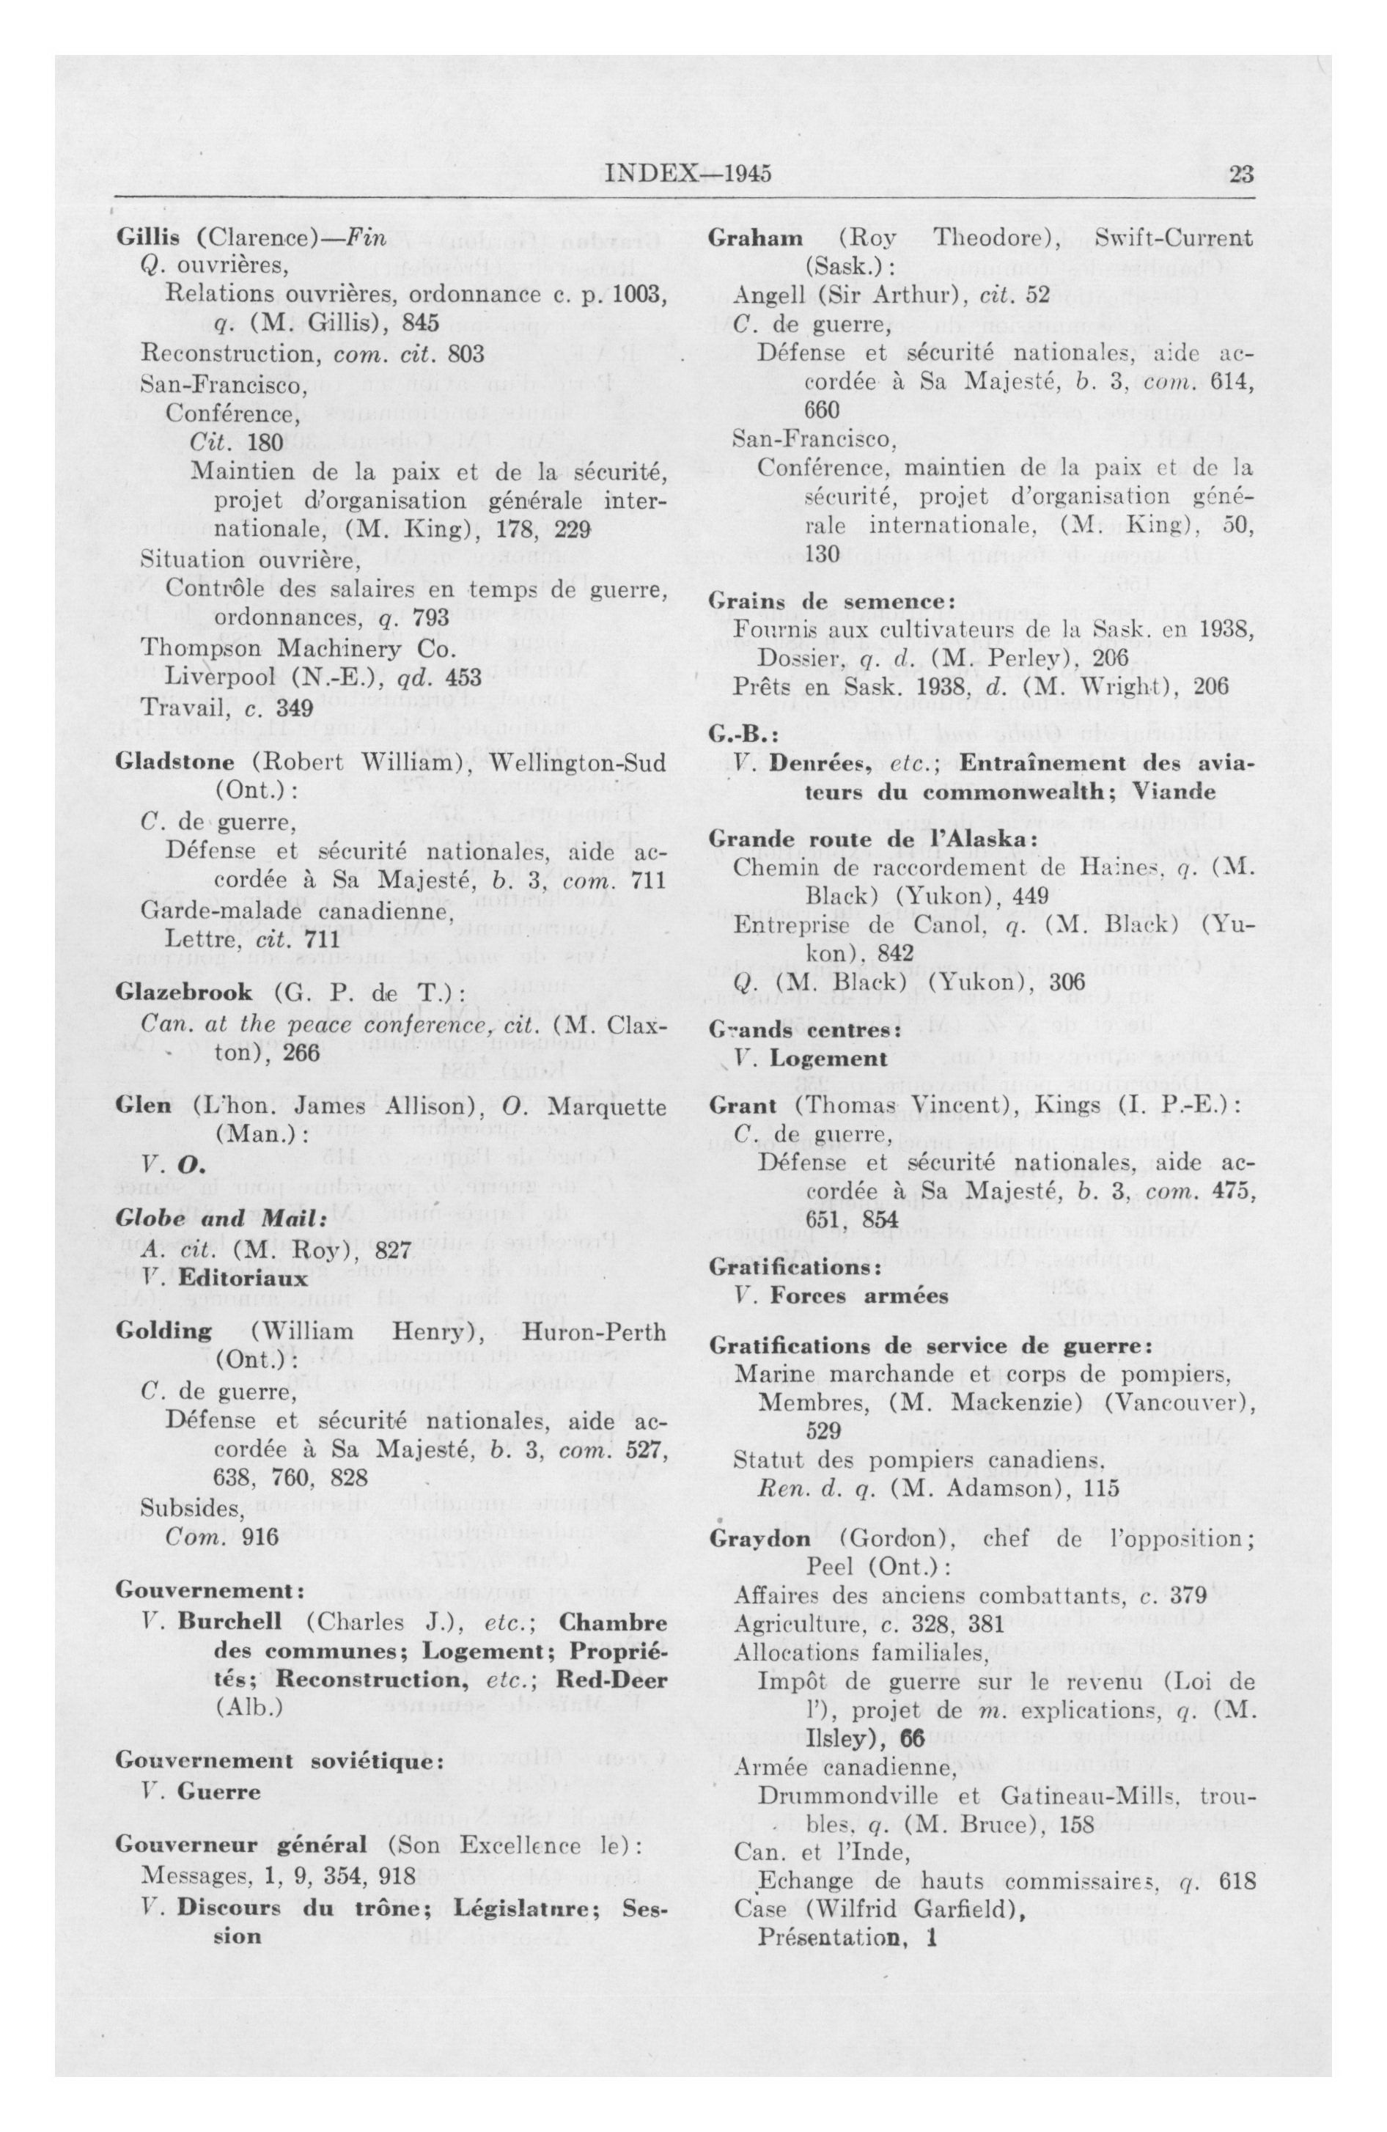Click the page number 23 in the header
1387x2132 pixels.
1241,174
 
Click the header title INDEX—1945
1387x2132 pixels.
688,174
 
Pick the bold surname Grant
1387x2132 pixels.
742,1105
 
